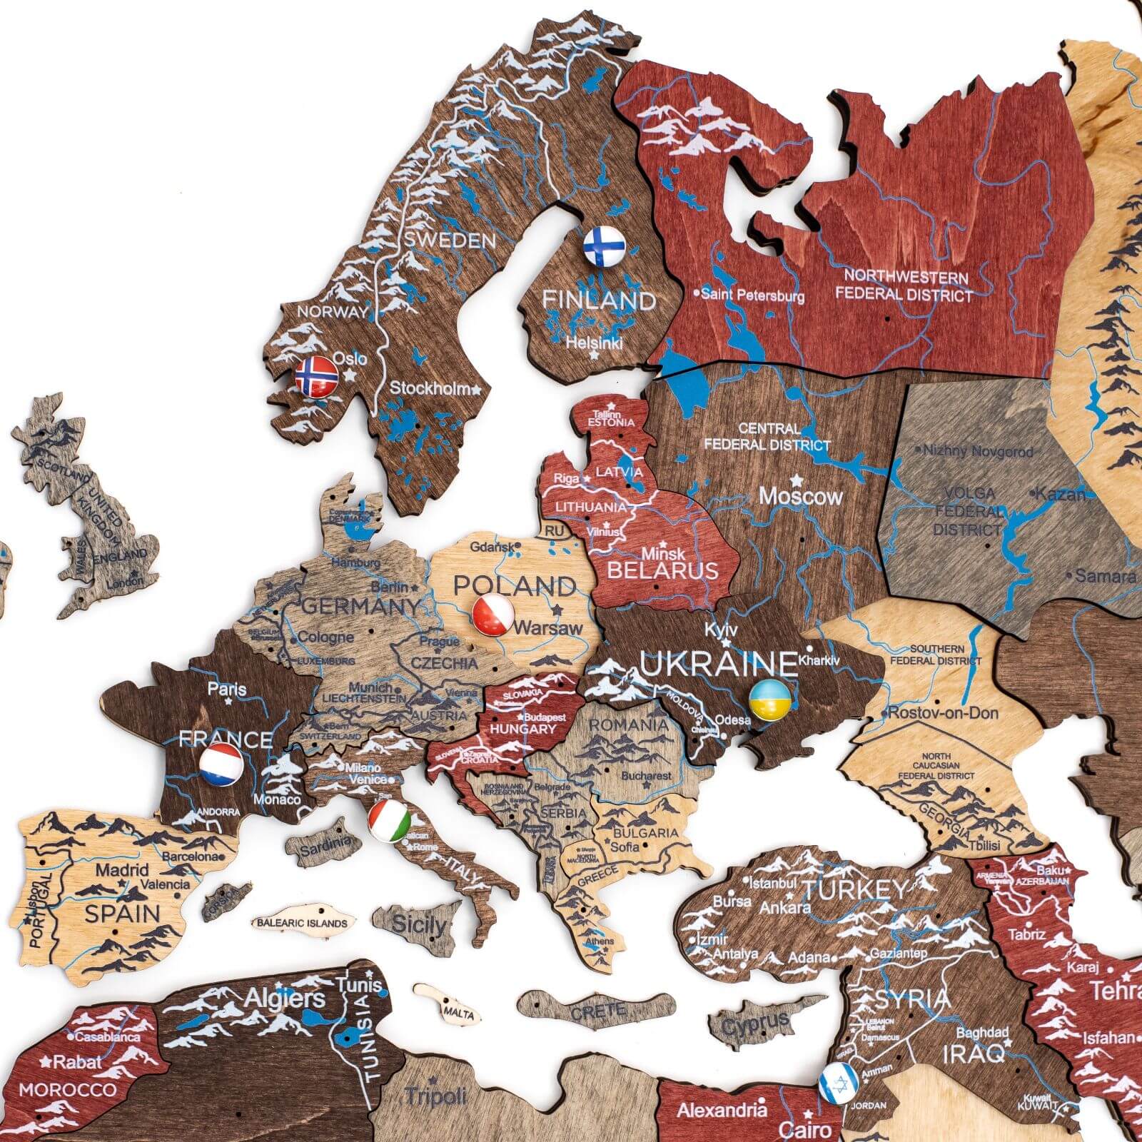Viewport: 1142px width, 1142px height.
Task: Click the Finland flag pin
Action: [x=604, y=246]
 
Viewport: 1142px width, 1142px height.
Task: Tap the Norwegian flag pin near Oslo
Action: [x=317, y=376]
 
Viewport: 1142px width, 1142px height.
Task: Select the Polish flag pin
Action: [x=493, y=615]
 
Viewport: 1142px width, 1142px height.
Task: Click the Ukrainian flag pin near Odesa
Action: [x=769, y=699]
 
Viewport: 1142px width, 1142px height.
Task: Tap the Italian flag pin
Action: [x=390, y=821]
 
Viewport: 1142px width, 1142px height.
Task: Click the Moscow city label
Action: [x=800, y=496]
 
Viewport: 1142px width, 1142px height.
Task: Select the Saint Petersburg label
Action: [x=752, y=295]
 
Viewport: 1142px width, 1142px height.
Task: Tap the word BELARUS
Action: [x=662, y=570]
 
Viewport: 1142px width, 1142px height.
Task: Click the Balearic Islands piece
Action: [x=303, y=923]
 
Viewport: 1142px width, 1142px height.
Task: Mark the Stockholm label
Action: [x=430, y=389]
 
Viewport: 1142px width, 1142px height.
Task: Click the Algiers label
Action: [x=285, y=999]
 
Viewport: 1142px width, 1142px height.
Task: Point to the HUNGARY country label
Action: [x=522, y=729]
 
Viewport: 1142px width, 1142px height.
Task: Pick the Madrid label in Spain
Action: [x=122, y=870]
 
